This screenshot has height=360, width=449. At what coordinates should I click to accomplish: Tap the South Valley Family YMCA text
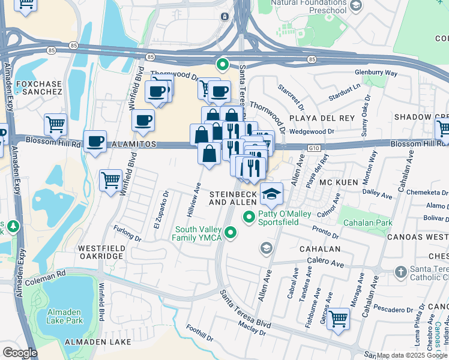point(199,234)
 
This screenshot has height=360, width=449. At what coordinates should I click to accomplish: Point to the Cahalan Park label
point(367,223)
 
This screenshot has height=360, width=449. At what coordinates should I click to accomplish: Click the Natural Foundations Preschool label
point(309,7)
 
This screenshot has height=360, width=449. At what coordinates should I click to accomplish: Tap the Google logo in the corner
point(20,353)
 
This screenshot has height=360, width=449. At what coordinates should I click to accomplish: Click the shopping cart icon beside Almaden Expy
point(55,124)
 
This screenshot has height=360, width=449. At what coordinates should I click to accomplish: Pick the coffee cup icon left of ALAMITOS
point(95,142)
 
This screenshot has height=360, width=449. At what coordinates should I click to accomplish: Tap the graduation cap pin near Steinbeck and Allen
point(271,193)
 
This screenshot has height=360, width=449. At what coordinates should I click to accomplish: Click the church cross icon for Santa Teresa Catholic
point(400,272)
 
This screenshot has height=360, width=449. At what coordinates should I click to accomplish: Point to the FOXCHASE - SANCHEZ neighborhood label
point(39,88)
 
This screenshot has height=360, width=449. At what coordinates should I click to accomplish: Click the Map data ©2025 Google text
point(412,355)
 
